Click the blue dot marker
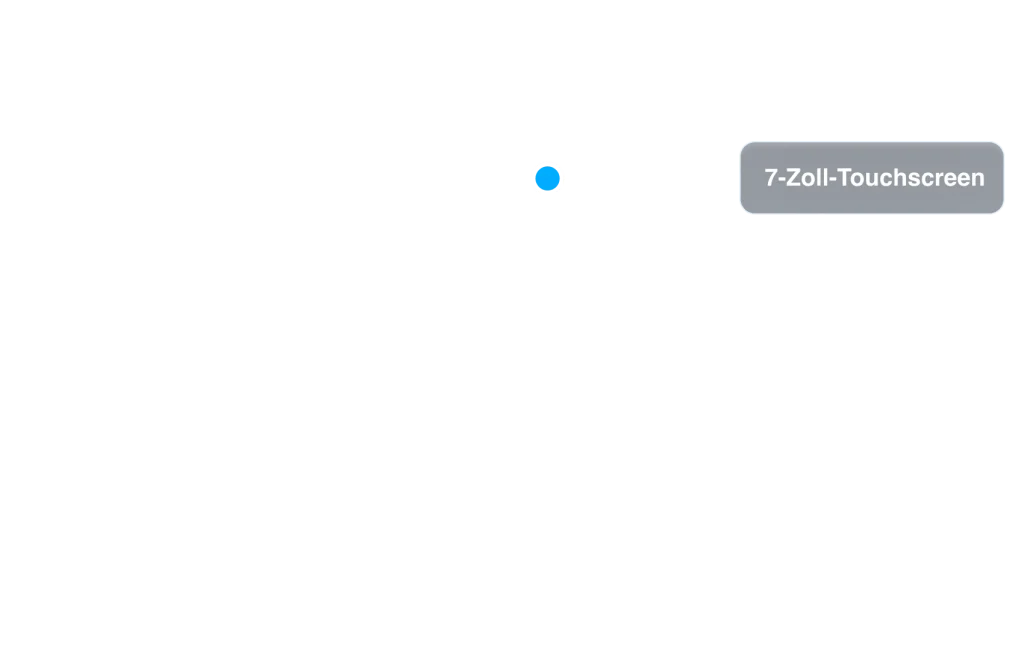click(547, 179)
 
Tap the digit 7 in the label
click(770, 178)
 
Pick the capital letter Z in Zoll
click(794, 178)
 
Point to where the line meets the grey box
click(739, 179)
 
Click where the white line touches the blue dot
click(564, 179)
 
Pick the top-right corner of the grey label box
click(1000, 146)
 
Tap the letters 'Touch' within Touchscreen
click(877, 178)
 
